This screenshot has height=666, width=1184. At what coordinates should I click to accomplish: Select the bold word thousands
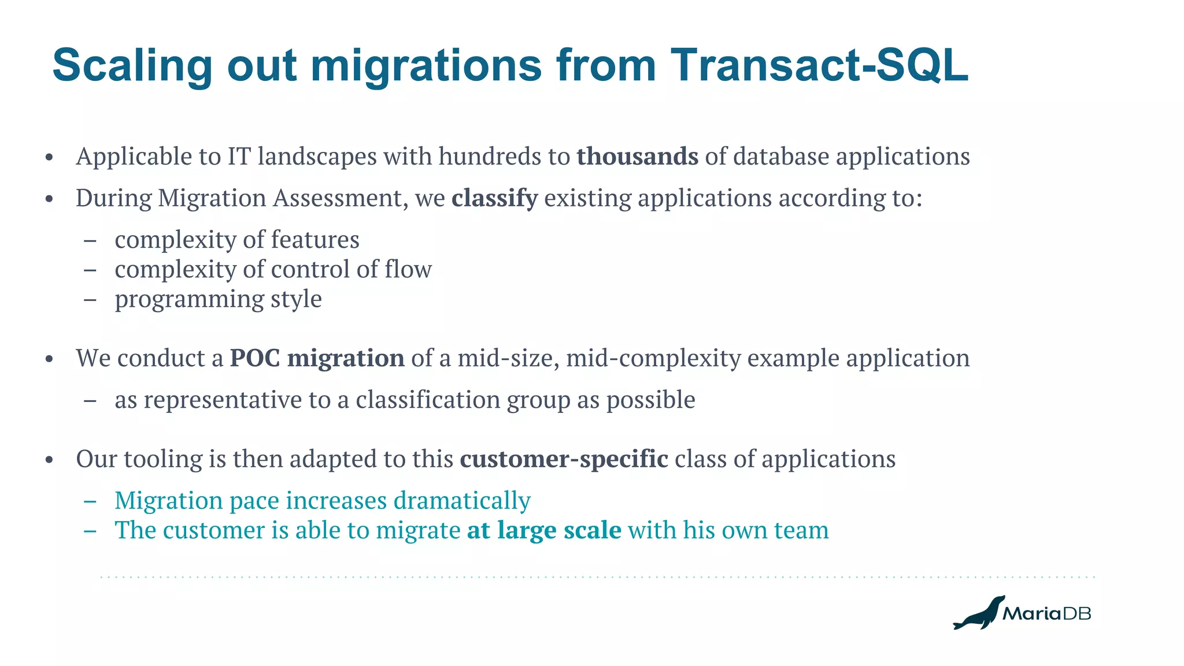pos(637,157)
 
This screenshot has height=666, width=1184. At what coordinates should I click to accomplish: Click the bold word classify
pos(494,198)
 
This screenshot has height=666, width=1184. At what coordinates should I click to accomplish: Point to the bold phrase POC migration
pos(317,358)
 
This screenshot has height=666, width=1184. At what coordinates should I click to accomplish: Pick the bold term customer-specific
pos(564,459)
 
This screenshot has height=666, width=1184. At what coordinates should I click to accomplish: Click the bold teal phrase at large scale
pos(544,530)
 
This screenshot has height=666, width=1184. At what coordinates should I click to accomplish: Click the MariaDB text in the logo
pos(1046,613)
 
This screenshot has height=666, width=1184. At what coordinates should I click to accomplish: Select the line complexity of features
pos(236,240)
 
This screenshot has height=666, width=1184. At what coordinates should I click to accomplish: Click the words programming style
pos(218,299)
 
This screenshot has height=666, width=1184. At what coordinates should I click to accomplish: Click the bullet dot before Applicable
pos(50,158)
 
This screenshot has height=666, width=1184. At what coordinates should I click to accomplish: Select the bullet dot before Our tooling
pos(50,460)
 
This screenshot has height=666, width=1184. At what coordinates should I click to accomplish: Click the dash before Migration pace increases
pos(90,501)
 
